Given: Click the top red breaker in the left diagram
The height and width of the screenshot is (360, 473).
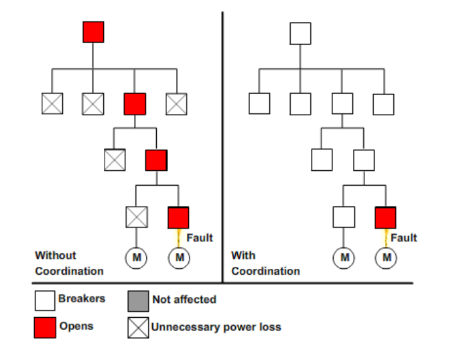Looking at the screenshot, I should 93,32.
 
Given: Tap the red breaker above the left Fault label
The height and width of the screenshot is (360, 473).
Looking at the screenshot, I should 178,217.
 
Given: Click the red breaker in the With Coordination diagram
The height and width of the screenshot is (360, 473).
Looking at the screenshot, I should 385,217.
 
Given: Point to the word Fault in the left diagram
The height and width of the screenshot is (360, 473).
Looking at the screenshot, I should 200,238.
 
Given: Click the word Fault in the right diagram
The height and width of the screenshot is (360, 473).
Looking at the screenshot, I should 404,238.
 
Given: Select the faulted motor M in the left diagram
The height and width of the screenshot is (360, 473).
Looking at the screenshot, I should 179,257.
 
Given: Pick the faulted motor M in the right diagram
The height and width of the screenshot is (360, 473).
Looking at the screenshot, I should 386,257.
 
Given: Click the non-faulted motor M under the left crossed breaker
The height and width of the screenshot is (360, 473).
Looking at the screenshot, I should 136,257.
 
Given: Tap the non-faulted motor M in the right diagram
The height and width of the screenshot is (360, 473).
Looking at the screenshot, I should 344,257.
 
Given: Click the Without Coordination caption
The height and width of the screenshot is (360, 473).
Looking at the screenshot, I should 69,263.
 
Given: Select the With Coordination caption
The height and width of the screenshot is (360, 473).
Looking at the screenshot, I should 265,263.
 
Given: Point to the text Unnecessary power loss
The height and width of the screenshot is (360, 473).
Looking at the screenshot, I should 216,327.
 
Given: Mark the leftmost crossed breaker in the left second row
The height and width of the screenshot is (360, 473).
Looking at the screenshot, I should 52,104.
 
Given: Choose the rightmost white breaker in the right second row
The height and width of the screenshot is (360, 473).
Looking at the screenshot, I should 383,104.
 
